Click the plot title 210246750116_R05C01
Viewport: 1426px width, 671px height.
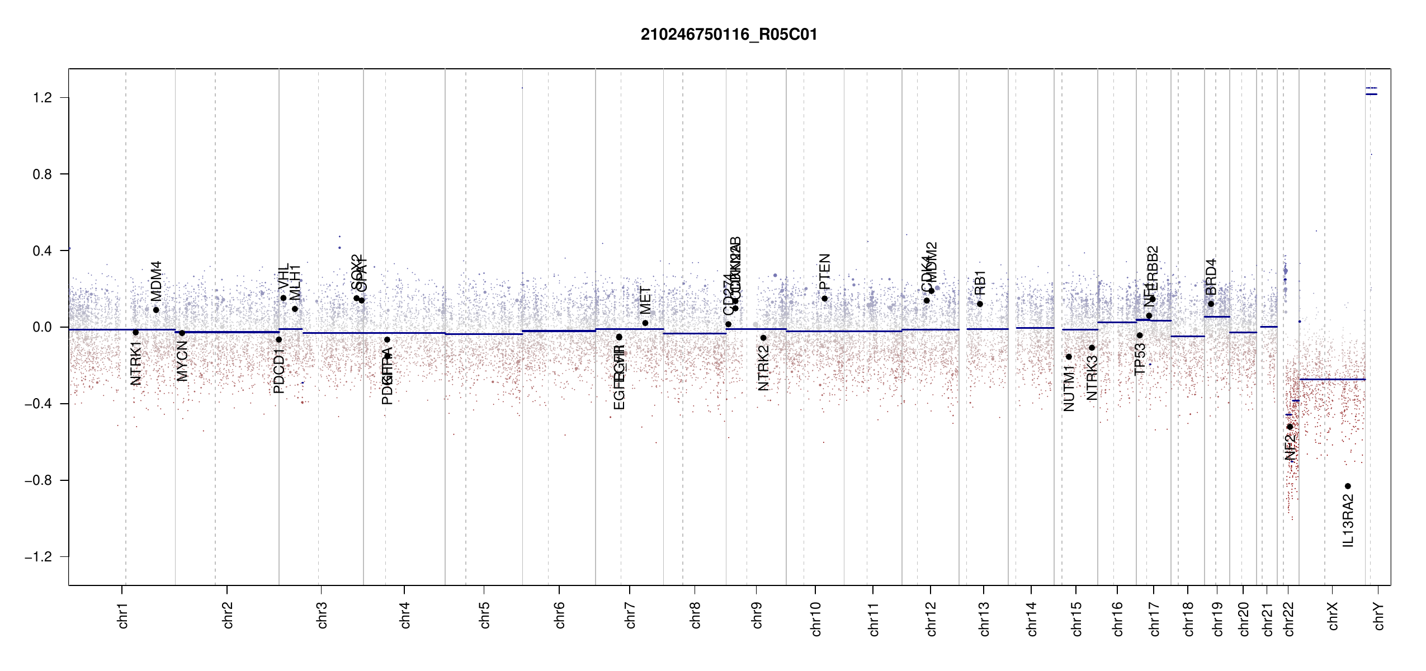[729, 35]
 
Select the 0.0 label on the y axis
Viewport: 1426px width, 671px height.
[42, 327]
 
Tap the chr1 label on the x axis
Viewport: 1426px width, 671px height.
[123, 615]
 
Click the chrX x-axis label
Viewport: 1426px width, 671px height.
[1333, 616]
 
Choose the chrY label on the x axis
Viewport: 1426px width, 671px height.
[1379, 616]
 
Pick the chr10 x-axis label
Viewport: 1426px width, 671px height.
[816, 618]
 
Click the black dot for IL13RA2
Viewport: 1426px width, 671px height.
[1348, 486]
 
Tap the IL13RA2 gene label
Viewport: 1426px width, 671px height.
[1348, 521]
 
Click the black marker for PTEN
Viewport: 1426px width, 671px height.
[824, 299]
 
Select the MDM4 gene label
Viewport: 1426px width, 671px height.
[157, 281]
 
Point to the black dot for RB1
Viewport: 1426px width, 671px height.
[980, 304]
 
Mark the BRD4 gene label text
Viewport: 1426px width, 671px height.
[1211, 277]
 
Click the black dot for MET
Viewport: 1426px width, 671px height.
[645, 323]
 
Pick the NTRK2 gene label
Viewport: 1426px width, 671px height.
[763, 367]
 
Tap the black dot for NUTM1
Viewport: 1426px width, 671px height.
[1069, 357]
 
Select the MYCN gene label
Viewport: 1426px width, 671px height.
[182, 361]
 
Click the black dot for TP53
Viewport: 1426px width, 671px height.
[1140, 335]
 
